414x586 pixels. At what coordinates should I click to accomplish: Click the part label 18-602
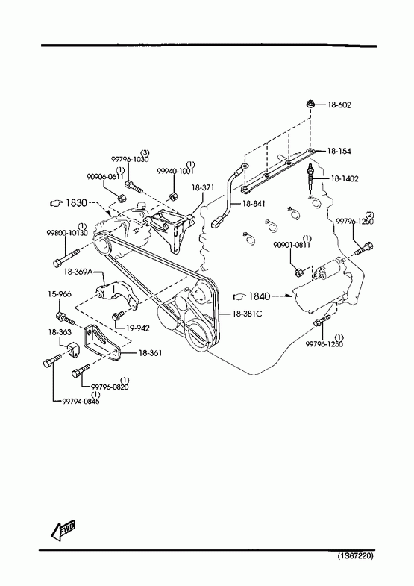[339, 105]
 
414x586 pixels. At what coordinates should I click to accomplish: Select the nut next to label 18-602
[310, 105]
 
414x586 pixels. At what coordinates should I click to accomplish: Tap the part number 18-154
[339, 151]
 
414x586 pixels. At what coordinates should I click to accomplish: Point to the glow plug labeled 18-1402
[310, 179]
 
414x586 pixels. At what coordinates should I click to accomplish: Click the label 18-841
[254, 203]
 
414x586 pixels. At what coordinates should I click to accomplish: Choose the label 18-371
[203, 187]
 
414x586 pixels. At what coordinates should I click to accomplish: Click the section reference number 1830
[76, 203]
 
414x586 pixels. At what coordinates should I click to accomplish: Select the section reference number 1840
[259, 296]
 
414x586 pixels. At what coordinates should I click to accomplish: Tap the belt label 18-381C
[247, 314]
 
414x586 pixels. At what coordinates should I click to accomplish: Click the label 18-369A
[78, 272]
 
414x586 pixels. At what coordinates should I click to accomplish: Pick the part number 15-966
[60, 295]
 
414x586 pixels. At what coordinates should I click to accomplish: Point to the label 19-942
[138, 328]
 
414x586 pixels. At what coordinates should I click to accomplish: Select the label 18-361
[151, 352]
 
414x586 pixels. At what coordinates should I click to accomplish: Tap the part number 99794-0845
[81, 402]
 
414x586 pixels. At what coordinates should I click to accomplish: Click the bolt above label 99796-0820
[81, 370]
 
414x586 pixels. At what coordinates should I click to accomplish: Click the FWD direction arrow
[63, 530]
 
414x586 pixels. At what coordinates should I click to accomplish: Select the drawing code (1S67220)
[355, 556]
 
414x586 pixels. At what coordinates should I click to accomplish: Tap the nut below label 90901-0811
[298, 272]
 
